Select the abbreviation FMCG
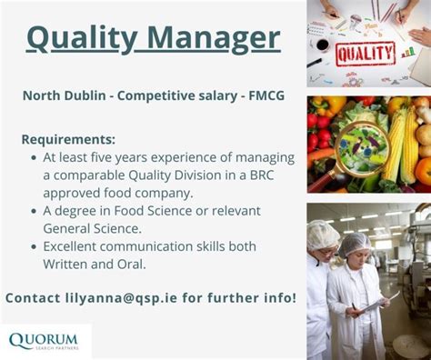coord(261,95)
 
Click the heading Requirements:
coord(68,139)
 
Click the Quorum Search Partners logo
coord(43,341)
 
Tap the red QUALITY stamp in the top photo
coord(366,55)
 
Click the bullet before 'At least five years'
coord(34,157)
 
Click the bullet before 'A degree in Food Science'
coord(34,211)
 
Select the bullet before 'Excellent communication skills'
coord(34,246)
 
